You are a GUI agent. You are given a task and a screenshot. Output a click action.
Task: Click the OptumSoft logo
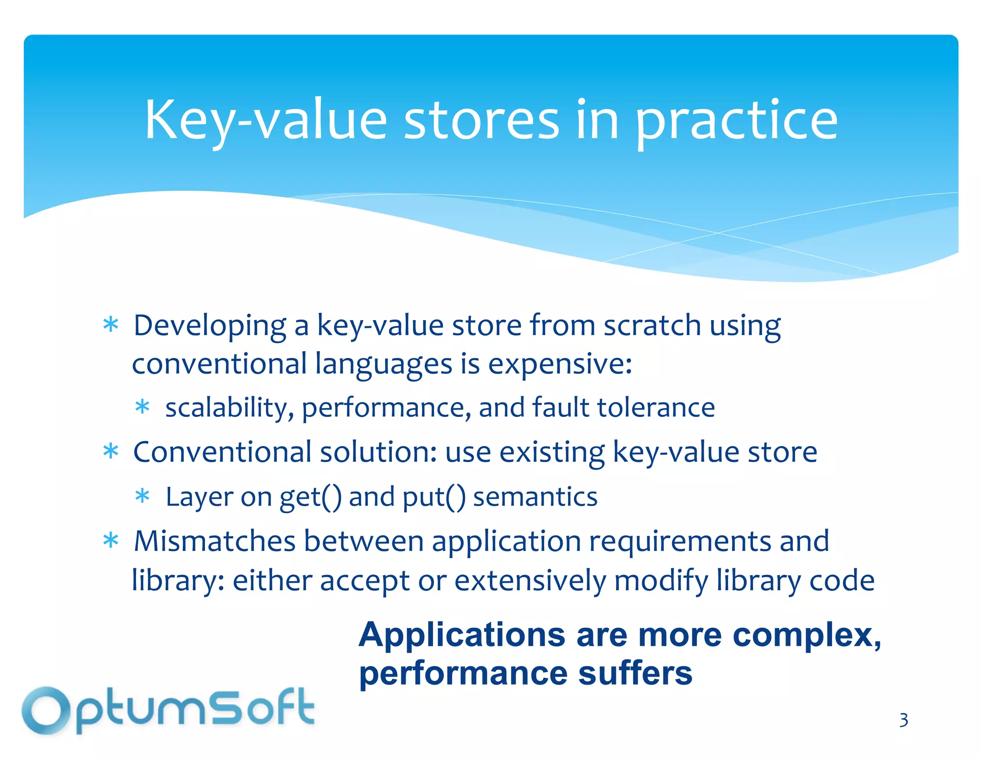click(168, 711)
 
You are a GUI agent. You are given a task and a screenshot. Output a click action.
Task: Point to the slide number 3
click(903, 720)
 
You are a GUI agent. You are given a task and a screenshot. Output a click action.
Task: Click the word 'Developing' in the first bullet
click(209, 326)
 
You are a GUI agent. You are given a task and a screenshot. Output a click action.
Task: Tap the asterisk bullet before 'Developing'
click(111, 325)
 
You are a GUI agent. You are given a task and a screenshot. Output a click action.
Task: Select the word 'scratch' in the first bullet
click(652, 325)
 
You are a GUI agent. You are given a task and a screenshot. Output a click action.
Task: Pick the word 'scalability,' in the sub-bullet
click(229, 408)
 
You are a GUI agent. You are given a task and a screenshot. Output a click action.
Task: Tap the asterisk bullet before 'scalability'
click(142, 408)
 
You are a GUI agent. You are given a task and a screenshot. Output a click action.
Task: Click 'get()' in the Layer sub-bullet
click(310, 497)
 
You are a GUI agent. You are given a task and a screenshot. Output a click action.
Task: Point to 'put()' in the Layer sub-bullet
click(433, 497)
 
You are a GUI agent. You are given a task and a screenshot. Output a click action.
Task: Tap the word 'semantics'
click(535, 497)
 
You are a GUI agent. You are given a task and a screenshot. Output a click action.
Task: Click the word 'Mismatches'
click(214, 541)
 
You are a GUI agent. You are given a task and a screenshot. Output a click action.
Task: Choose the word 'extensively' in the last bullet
click(530, 581)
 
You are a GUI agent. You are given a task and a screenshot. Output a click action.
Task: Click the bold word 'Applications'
click(462, 635)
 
